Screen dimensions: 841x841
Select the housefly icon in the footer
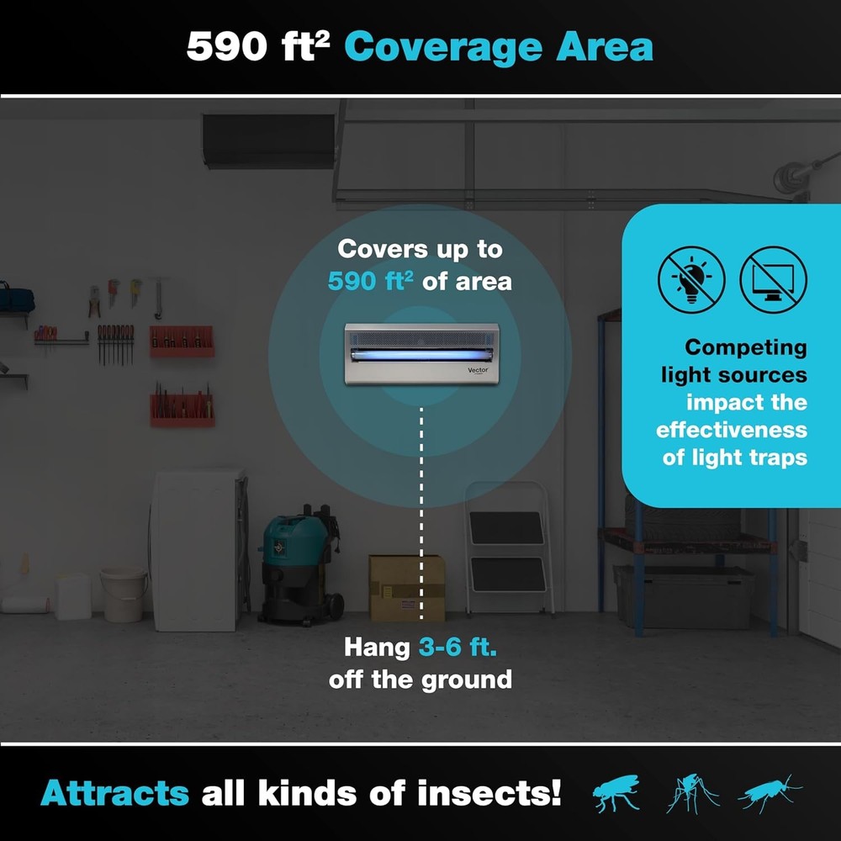tap(616, 793)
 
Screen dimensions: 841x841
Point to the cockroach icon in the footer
tap(769, 793)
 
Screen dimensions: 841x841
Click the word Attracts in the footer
tap(114, 793)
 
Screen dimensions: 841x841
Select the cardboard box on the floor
tap(407, 587)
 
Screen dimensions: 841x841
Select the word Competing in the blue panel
tap(745, 346)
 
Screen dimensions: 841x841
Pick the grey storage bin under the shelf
tap(683, 595)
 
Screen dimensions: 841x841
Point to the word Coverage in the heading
tap(443, 47)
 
